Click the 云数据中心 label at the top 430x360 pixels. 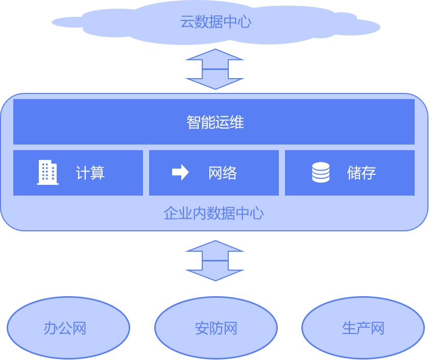pyautogui.click(x=216, y=22)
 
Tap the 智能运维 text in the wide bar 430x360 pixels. pyautogui.click(x=215, y=123)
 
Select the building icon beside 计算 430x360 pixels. pyautogui.click(x=47, y=173)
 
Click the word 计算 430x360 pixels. pyautogui.click(x=90, y=173)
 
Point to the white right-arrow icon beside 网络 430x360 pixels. pyautogui.click(x=180, y=173)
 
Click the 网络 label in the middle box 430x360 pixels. pyautogui.click(x=223, y=173)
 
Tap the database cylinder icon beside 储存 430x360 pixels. pyautogui.click(x=321, y=173)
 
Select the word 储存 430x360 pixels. pyautogui.click(x=362, y=173)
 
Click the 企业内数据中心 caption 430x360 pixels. pyautogui.click(x=213, y=213)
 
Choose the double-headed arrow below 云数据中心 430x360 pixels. pyautogui.click(x=216, y=69)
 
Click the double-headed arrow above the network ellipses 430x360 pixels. pyautogui.click(x=216, y=260)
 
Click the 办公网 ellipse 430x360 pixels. pyautogui.click(x=68, y=328)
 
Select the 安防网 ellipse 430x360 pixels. pyautogui.click(x=216, y=328)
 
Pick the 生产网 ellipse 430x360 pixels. pyautogui.click(x=363, y=328)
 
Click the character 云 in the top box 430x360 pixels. pyautogui.click(x=187, y=22)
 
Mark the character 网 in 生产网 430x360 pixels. pyautogui.click(x=377, y=328)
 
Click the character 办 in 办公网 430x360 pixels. pyautogui.click(x=51, y=328)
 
